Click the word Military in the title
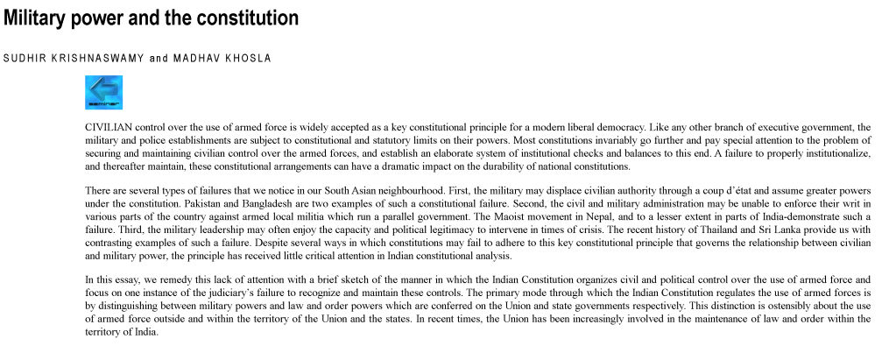[35, 18]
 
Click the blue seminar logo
[103, 92]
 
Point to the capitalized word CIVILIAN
[109, 127]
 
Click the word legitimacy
[400, 229]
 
